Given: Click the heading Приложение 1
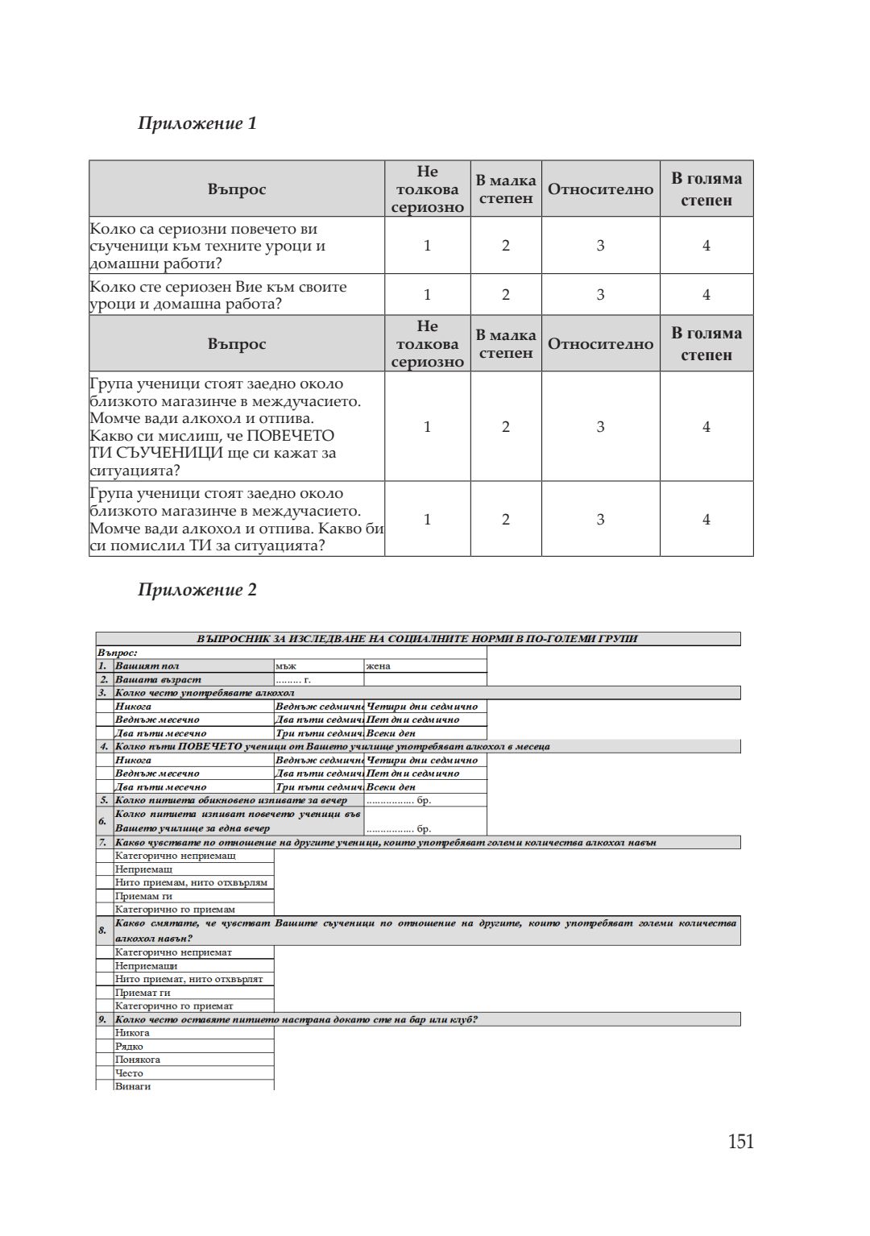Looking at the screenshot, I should [x=197, y=123].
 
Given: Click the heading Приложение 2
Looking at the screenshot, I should [x=197, y=590].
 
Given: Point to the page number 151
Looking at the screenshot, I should [x=740, y=1142].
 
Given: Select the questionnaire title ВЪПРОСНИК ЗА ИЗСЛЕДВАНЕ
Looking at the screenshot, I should [x=417, y=639].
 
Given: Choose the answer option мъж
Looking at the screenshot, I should [x=286, y=666].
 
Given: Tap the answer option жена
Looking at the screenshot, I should [x=379, y=666].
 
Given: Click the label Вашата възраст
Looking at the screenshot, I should [x=158, y=679].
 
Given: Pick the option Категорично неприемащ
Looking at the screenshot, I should [x=176, y=856].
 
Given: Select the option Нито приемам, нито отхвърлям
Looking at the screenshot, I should [x=191, y=882].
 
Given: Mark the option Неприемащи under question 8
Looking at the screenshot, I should [x=146, y=965].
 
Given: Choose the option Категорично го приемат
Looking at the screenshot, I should [x=174, y=1006].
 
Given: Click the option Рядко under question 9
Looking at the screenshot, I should [x=129, y=1046].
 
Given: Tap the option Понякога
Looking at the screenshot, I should [x=138, y=1060].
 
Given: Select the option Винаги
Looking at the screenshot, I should [x=133, y=1086].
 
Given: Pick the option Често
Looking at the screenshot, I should [x=129, y=1072].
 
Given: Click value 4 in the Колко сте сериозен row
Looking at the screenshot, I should [x=706, y=295].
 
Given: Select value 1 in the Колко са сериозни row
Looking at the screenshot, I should [x=427, y=246].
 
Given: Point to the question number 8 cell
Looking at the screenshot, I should [x=103, y=931].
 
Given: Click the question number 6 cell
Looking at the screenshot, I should [x=103, y=821].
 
